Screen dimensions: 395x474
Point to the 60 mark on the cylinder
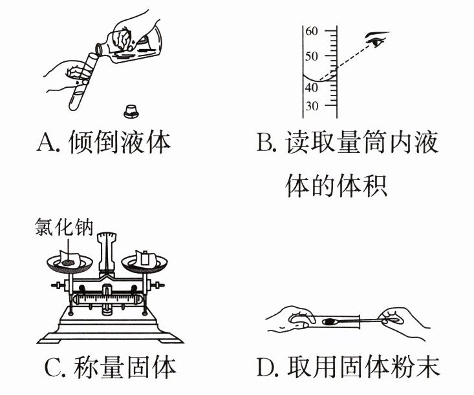point(311,31)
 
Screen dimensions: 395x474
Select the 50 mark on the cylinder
point(311,56)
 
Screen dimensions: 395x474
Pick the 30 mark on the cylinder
point(311,106)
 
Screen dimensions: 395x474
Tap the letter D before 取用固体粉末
point(266,369)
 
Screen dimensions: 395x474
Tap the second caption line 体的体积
point(336,185)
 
